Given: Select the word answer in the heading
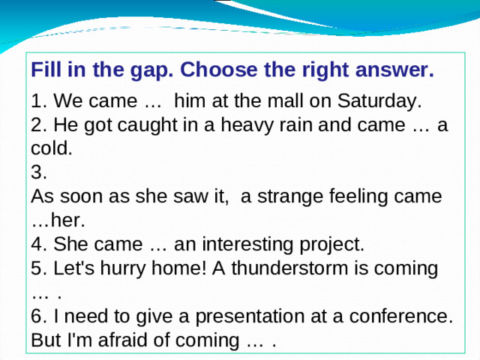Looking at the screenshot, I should click(x=395, y=70).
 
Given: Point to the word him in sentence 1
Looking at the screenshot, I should click(x=187, y=101).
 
